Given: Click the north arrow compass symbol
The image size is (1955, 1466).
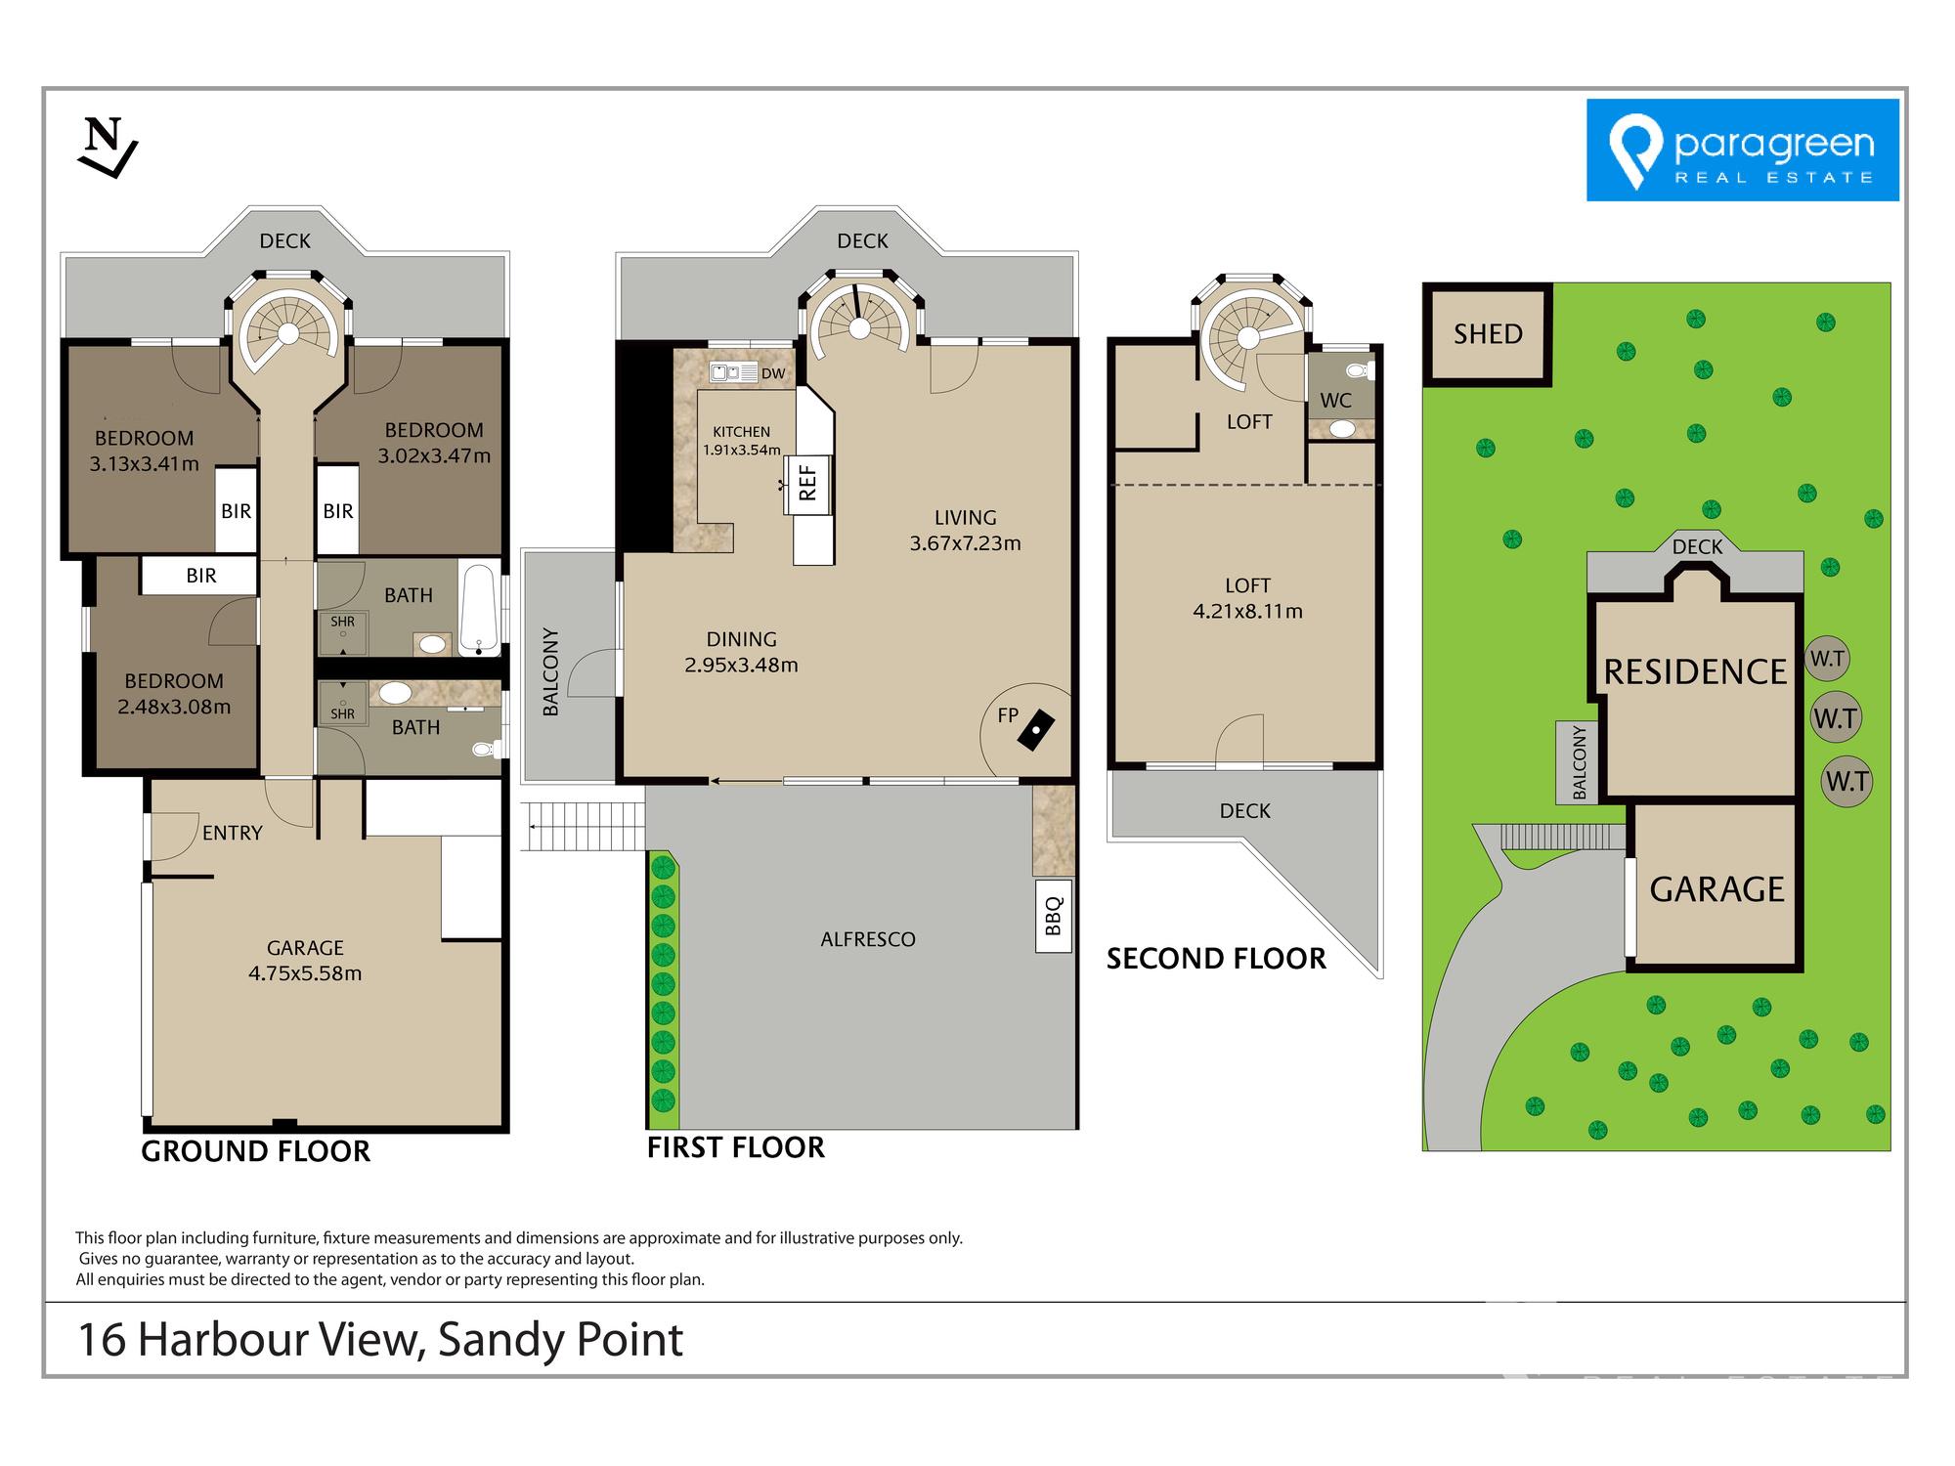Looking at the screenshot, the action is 108,148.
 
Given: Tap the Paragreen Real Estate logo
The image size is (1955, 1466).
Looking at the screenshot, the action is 1742,150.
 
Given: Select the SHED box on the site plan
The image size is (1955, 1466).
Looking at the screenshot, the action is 1487,334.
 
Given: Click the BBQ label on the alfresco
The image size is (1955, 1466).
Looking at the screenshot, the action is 1054,916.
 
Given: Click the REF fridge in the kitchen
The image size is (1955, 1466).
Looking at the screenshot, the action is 807,483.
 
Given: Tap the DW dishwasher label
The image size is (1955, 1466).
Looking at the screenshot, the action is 773,373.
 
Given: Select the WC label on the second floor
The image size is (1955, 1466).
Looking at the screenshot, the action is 1335,401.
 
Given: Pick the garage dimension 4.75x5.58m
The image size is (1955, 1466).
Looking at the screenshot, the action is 305,973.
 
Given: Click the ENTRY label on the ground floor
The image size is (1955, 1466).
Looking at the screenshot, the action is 233,833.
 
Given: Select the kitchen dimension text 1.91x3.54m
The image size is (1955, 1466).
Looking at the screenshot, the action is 742,451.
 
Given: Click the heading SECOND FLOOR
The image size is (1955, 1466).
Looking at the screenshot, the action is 1216,959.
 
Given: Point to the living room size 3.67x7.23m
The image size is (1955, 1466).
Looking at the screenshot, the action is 965,543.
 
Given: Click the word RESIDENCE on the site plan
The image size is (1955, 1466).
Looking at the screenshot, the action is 1696,672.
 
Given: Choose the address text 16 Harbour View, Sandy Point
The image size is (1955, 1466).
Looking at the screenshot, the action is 380,1340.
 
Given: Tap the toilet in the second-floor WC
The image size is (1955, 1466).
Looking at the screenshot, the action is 1360,370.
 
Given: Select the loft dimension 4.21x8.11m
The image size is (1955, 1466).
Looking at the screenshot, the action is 1247,612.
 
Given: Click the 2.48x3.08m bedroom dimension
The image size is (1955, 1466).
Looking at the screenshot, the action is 174,707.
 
